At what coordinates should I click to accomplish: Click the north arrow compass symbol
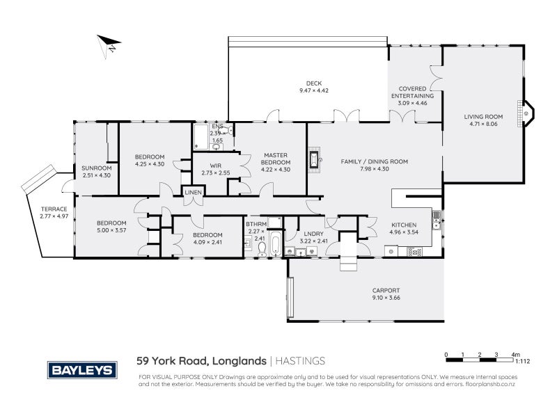(108, 45)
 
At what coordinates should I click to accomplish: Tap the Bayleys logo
(81, 369)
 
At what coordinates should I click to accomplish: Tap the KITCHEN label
(404, 225)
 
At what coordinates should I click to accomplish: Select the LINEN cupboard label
(193, 202)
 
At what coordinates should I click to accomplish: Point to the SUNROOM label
(96, 168)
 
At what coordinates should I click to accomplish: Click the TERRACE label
(54, 209)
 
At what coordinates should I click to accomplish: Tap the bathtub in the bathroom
(274, 246)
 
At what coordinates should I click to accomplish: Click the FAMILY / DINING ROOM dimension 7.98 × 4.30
(374, 169)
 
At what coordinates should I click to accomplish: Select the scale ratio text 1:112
(523, 361)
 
